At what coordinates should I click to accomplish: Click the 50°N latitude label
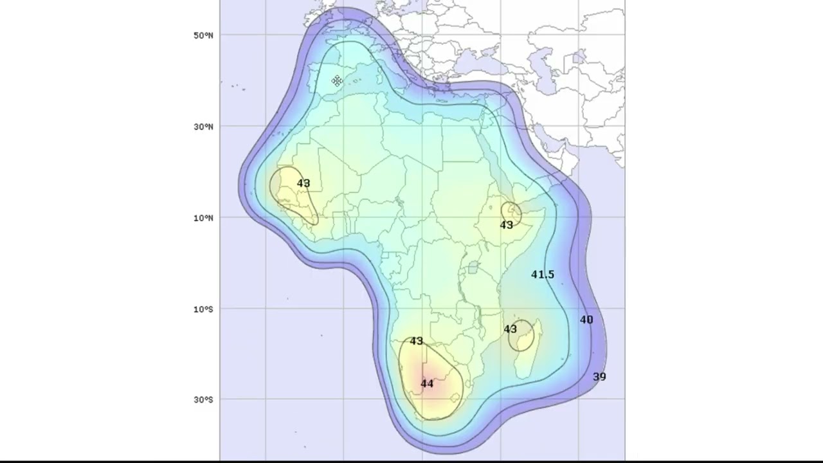(203, 35)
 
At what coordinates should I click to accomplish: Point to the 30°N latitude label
(203, 127)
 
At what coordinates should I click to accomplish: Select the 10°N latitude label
(203, 218)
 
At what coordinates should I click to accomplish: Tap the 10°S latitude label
(203, 309)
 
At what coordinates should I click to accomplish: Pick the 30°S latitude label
(203, 400)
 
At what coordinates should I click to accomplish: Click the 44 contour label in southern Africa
(427, 384)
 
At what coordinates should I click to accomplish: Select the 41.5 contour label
(542, 275)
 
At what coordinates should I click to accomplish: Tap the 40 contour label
(586, 320)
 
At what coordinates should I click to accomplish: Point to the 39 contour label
(599, 377)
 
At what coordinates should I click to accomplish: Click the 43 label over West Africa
(303, 184)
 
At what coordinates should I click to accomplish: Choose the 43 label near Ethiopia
(507, 225)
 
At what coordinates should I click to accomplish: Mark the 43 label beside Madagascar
(511, 329)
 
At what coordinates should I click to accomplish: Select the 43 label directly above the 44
(417, 341)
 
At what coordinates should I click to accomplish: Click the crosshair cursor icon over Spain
(337, 81)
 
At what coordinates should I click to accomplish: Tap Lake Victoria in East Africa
(473, 268)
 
